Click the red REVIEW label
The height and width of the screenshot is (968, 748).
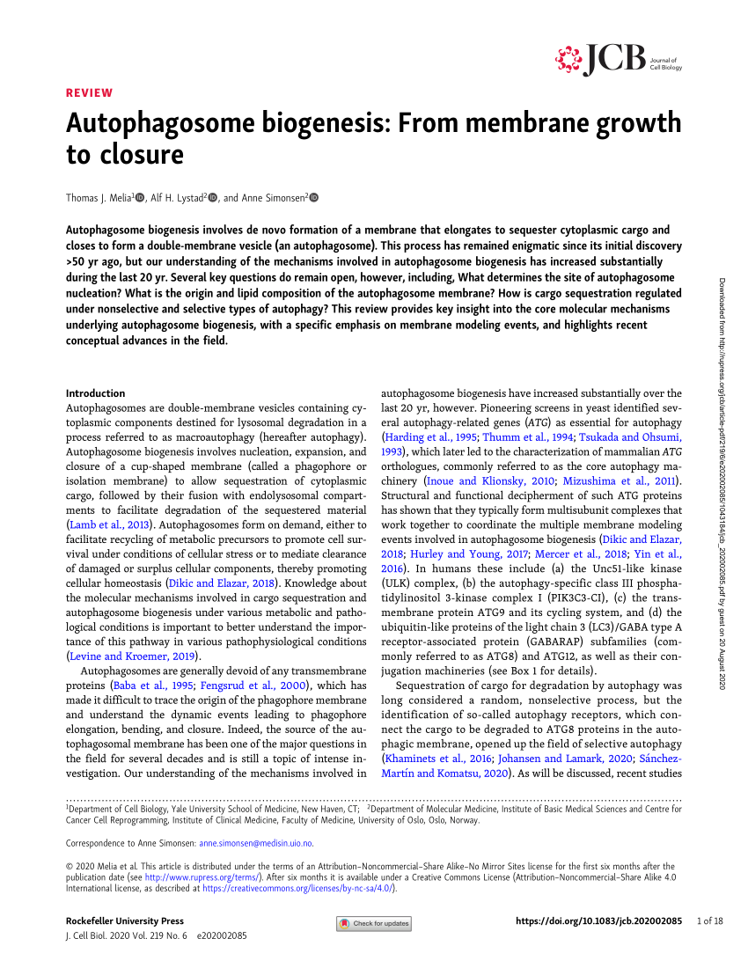(x=90, y=92)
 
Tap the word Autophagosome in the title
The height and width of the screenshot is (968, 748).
(x=149, y=123)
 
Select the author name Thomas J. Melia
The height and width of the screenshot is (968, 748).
(x=99, y=198)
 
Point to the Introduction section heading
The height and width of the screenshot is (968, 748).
(x=96, y=393)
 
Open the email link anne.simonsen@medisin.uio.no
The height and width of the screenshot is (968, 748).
(x=273, y=843)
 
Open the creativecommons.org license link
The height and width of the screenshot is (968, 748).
(x=297, y=889)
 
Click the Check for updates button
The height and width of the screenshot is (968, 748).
(x=374, y=923)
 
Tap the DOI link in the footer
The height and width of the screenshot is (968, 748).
(x=598, y=921)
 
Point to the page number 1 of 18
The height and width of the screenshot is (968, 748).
(x=709, y=921)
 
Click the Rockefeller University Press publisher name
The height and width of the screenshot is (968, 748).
(x=125, y=921)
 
